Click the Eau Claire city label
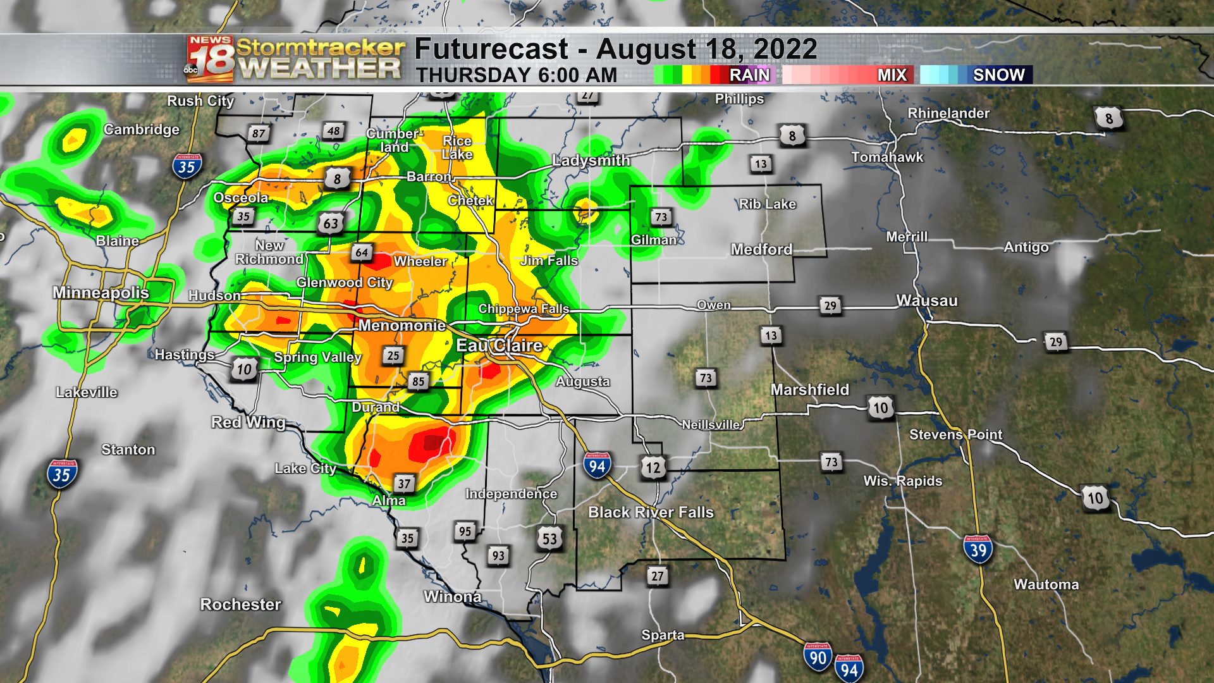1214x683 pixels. click(499, 345)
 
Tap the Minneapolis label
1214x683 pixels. click(101, 293)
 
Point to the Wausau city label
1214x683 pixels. click(927, 301)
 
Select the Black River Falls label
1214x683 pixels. click(651, 512)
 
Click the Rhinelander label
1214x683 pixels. click(948, 113)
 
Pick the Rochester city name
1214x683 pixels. click(240, 605)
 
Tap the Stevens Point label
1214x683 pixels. click(955, 434)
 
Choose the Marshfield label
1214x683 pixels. click(809, 390)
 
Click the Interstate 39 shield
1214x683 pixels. click(978, 550)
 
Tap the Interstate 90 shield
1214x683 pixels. click(818, 657)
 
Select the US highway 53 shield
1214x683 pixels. click(549, 539)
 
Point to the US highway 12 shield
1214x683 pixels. click(653, 467)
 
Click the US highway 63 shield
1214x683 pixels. click(331, 223)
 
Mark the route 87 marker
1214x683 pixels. click(259, 133)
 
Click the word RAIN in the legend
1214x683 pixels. click(749, 75)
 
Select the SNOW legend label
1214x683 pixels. click(998, 75)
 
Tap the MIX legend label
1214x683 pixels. click(892, 75)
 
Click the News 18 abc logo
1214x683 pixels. click(210, 59)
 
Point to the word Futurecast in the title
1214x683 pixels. click(491, 49)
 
